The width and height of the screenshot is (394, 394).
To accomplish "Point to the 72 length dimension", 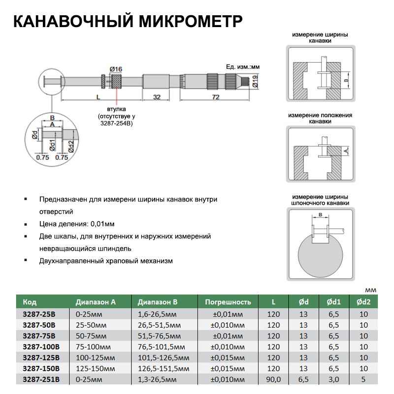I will pos(215,97).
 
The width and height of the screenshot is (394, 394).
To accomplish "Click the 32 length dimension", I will pos(157,97).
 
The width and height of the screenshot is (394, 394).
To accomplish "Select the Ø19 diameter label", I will pos(255,80).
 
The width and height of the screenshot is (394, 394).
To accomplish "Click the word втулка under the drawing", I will pos(117,108).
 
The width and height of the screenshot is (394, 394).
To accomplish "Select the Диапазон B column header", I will pos(158,302).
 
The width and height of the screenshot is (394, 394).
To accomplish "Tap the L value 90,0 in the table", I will pos(274,379).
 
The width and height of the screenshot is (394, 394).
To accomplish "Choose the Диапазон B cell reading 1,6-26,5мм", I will pos(157,314).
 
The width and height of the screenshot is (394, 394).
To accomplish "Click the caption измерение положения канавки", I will pos(320,118).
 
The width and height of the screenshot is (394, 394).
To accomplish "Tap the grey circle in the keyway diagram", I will pos(320,256).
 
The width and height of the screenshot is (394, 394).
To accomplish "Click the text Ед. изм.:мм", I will pos(242,66).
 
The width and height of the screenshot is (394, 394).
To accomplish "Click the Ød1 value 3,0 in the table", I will pos(333,379).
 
